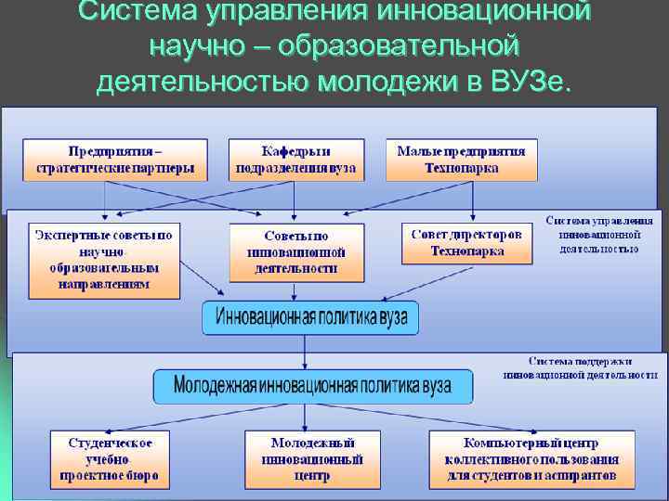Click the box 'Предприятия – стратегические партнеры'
coord(115,160)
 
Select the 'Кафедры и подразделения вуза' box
coord(296,160)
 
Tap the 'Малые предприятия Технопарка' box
coord(461,160)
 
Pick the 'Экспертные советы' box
coord(103,260)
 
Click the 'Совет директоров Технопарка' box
coord(467,243)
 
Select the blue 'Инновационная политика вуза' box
coord(311,316)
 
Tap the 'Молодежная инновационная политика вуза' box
coord(312,386)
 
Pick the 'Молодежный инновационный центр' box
coord(312,460)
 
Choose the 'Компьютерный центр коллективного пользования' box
coord(531,460)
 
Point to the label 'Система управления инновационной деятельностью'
coord(599,235)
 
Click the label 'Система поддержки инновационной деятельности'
coord(580,367)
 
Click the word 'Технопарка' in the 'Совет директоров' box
coord(467,250)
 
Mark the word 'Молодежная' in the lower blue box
coord(221,386)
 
